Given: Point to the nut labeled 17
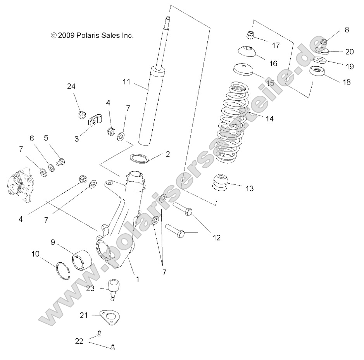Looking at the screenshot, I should coord(250,36).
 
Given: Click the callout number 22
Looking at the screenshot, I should coord(79,341).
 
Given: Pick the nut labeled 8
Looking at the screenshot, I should coord(324,41).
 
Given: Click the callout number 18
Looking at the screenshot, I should coord(347,82).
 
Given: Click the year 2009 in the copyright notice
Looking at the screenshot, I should coord(67,36).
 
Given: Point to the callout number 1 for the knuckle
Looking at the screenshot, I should coord(137,279).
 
